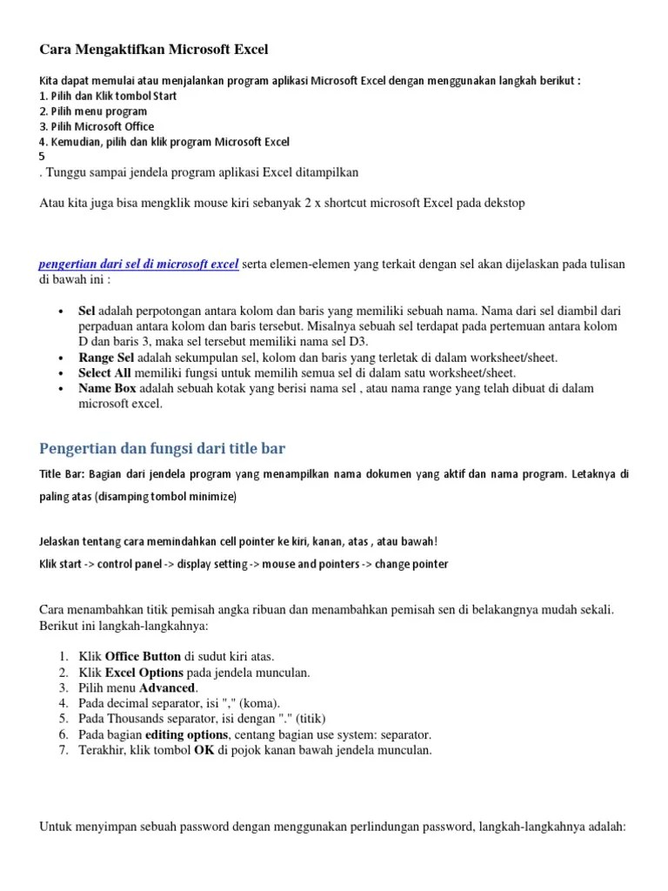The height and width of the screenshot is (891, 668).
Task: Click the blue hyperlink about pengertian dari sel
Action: (x=139, y=265)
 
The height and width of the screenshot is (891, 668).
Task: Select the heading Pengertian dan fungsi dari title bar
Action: (x=163, y=449)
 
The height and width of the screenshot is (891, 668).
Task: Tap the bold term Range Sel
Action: (x=106, y=358)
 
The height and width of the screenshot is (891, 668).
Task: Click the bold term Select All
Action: (x=106, y=372)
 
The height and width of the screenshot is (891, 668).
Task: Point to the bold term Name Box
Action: (x=108, y=388)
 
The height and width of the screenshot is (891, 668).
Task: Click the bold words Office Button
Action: (x=143, y=657)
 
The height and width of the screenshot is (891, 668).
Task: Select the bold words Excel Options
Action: (x=144, y=673)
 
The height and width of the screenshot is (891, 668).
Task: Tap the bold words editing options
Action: (x=180, y=734)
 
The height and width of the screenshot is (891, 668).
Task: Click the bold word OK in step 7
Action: (x=204, y=750)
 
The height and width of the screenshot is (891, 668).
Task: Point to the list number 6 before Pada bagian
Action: (x=63, y=734)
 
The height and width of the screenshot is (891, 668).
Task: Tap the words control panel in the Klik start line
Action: (x=129, y=564)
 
